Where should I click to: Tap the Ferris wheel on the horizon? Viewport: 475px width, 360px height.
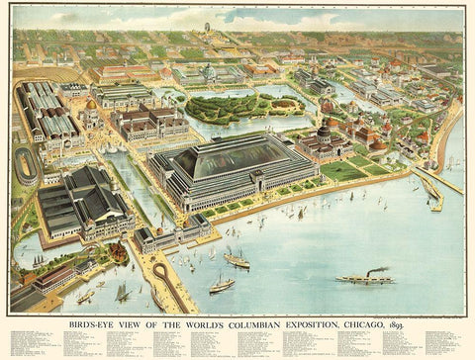tap(207, 26)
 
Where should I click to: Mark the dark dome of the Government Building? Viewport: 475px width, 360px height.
tap(323, 133)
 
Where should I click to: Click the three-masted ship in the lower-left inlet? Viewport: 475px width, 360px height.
tap(121, 292)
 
